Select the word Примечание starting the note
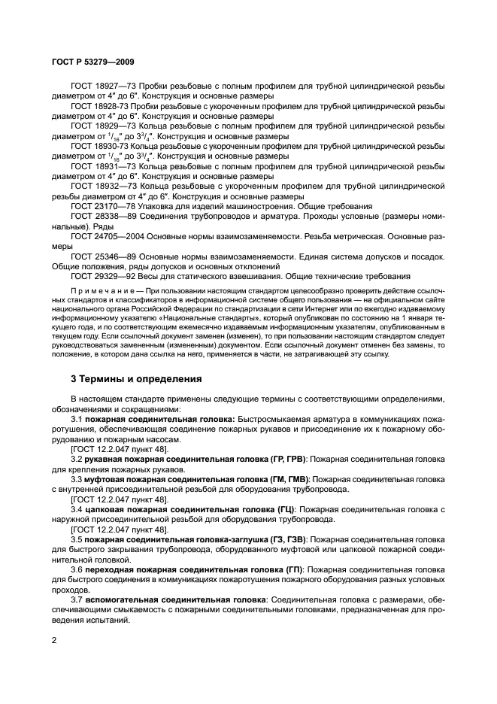98,290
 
